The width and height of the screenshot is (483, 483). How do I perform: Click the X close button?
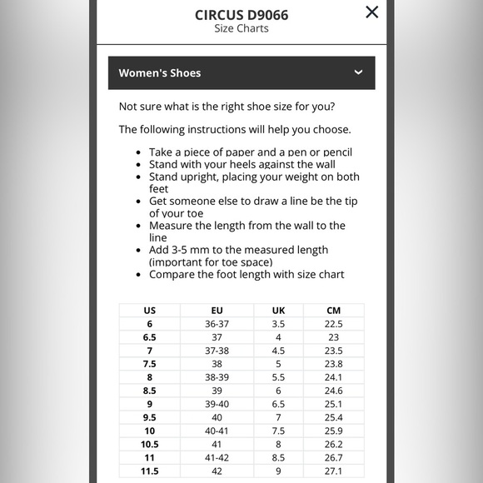pos(371,12)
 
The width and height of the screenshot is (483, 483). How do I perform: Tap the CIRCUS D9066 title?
pos(242,15)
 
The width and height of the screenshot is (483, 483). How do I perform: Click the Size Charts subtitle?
pos(242,28)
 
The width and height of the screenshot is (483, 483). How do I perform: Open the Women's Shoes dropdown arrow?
pos(358,72)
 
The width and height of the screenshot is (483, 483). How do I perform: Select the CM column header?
pos(334,310)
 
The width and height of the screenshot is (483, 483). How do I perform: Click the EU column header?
pos(217,310)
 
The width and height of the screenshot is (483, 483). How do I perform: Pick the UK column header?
pos(278,310)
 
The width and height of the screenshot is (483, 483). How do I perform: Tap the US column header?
pos(150,310)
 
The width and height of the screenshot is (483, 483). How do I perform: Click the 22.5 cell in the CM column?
pos(334,324)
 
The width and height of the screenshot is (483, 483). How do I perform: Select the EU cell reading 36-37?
pos(217,324)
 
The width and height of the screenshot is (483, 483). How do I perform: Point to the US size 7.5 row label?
pos(150,364)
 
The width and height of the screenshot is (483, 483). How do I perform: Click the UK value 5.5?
pos(278,377)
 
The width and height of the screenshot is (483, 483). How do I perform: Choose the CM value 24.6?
pos(334,391)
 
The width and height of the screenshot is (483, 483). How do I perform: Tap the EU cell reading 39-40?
pos(217,404)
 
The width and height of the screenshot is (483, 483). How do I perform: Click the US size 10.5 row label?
pos(150,444)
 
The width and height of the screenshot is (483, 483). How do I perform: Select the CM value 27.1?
pos(334,471)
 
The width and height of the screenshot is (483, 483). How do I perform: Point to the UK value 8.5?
pos(278,457)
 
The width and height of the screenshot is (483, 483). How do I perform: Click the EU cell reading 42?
pos(217,471)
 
